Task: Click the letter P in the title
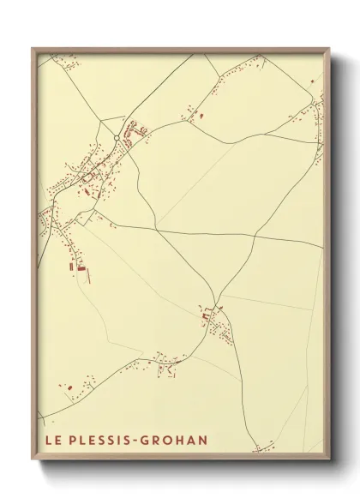coord(72,441)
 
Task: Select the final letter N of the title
coord(203,441)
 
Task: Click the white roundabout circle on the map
coord(117,137)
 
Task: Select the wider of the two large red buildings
coord(82,269)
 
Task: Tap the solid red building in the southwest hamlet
coord(206,315)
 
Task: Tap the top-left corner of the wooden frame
coord(33,48)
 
